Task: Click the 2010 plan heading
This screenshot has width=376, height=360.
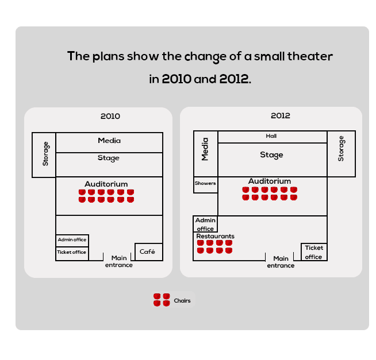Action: (110, 116)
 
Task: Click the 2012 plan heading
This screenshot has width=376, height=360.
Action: (281, 115)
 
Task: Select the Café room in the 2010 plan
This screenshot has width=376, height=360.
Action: (149, 252)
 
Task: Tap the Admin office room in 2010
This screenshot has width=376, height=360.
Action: (72, 241)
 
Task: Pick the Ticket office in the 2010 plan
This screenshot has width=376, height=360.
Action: (72, 254)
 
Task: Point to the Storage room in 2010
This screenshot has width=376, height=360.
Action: (44, 155)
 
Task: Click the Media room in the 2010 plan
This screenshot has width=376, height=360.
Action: (109, 142)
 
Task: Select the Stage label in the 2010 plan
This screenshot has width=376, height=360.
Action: (109, 158)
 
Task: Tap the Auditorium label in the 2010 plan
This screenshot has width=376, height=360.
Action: (106, 184)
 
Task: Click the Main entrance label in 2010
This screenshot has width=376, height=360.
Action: (119, 261)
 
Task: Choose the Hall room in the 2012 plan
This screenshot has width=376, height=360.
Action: (273, 137)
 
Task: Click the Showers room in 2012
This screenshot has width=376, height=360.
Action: (205, 185)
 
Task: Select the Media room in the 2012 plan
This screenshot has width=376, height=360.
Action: (205, 154)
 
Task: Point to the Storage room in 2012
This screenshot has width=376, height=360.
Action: (342, 154)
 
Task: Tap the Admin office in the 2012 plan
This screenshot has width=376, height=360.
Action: (205, 224)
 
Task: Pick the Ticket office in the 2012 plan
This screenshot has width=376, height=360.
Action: (314, 252)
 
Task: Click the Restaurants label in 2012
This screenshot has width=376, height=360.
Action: (216, 236)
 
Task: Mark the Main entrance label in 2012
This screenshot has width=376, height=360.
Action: (281, 262)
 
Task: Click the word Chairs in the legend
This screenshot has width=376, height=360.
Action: (182, 301)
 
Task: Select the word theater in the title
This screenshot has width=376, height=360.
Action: (310, 56)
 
